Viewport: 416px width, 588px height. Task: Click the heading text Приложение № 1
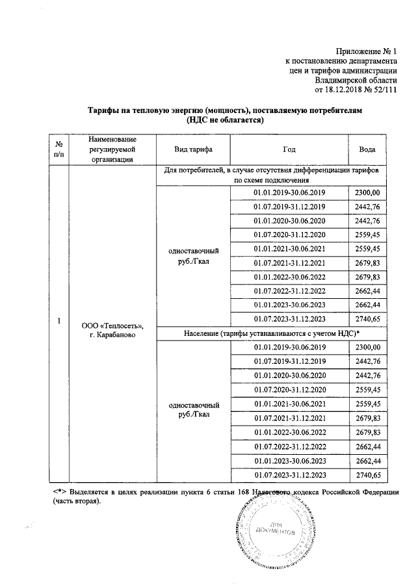(365, 51)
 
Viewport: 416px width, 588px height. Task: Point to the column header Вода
(369, 149)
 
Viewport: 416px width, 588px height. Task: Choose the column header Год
(289, 149)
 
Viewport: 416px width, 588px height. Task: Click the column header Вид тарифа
(192, 149)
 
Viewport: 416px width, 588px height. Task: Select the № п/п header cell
(59, 149)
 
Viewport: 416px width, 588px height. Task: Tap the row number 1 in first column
(59, 321)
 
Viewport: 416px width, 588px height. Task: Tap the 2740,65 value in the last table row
(369, 476)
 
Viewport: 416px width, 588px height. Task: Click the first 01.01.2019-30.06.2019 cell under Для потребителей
(289, 193)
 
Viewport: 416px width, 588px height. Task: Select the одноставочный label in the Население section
(192, 403)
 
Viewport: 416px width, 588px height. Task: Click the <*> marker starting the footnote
(62, 492)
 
